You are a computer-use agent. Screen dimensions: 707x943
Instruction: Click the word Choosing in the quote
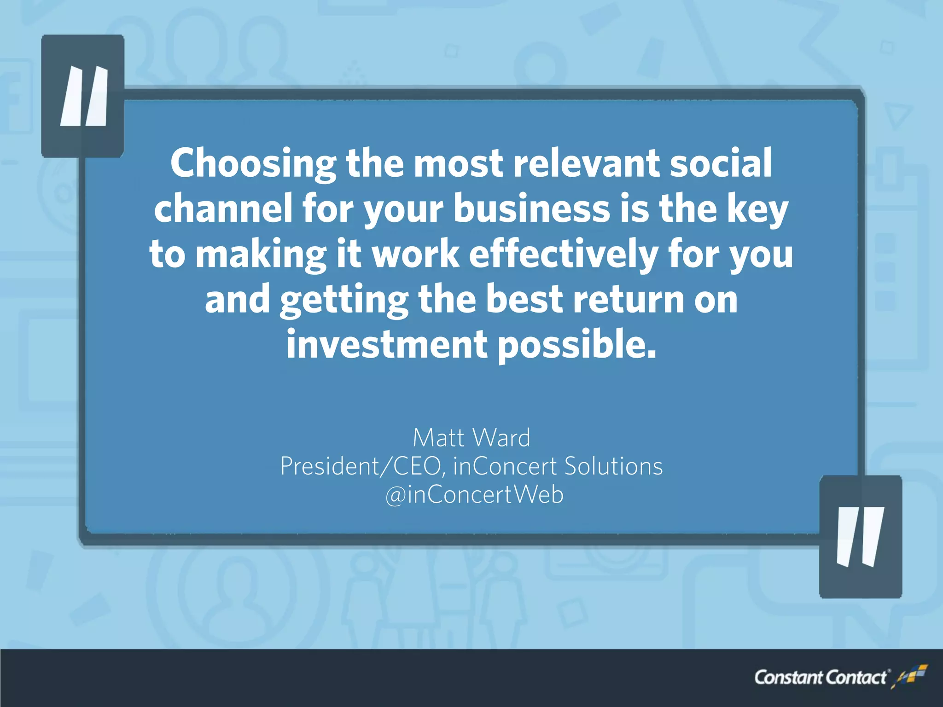point(253,164)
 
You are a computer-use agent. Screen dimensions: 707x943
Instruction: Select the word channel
point(223,209)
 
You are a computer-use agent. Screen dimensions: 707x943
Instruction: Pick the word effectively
point(564,254)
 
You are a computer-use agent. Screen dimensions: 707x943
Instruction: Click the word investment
point(387,344)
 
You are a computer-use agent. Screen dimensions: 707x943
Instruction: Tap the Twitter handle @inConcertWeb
point(474,495)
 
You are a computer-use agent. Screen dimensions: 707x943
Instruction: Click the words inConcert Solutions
point(558,466)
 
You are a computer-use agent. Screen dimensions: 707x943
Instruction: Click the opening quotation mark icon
point(83,96)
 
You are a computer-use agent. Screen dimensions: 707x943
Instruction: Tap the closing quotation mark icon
point(860,537)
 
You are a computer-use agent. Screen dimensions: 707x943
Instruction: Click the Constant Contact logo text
point(820,678)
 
